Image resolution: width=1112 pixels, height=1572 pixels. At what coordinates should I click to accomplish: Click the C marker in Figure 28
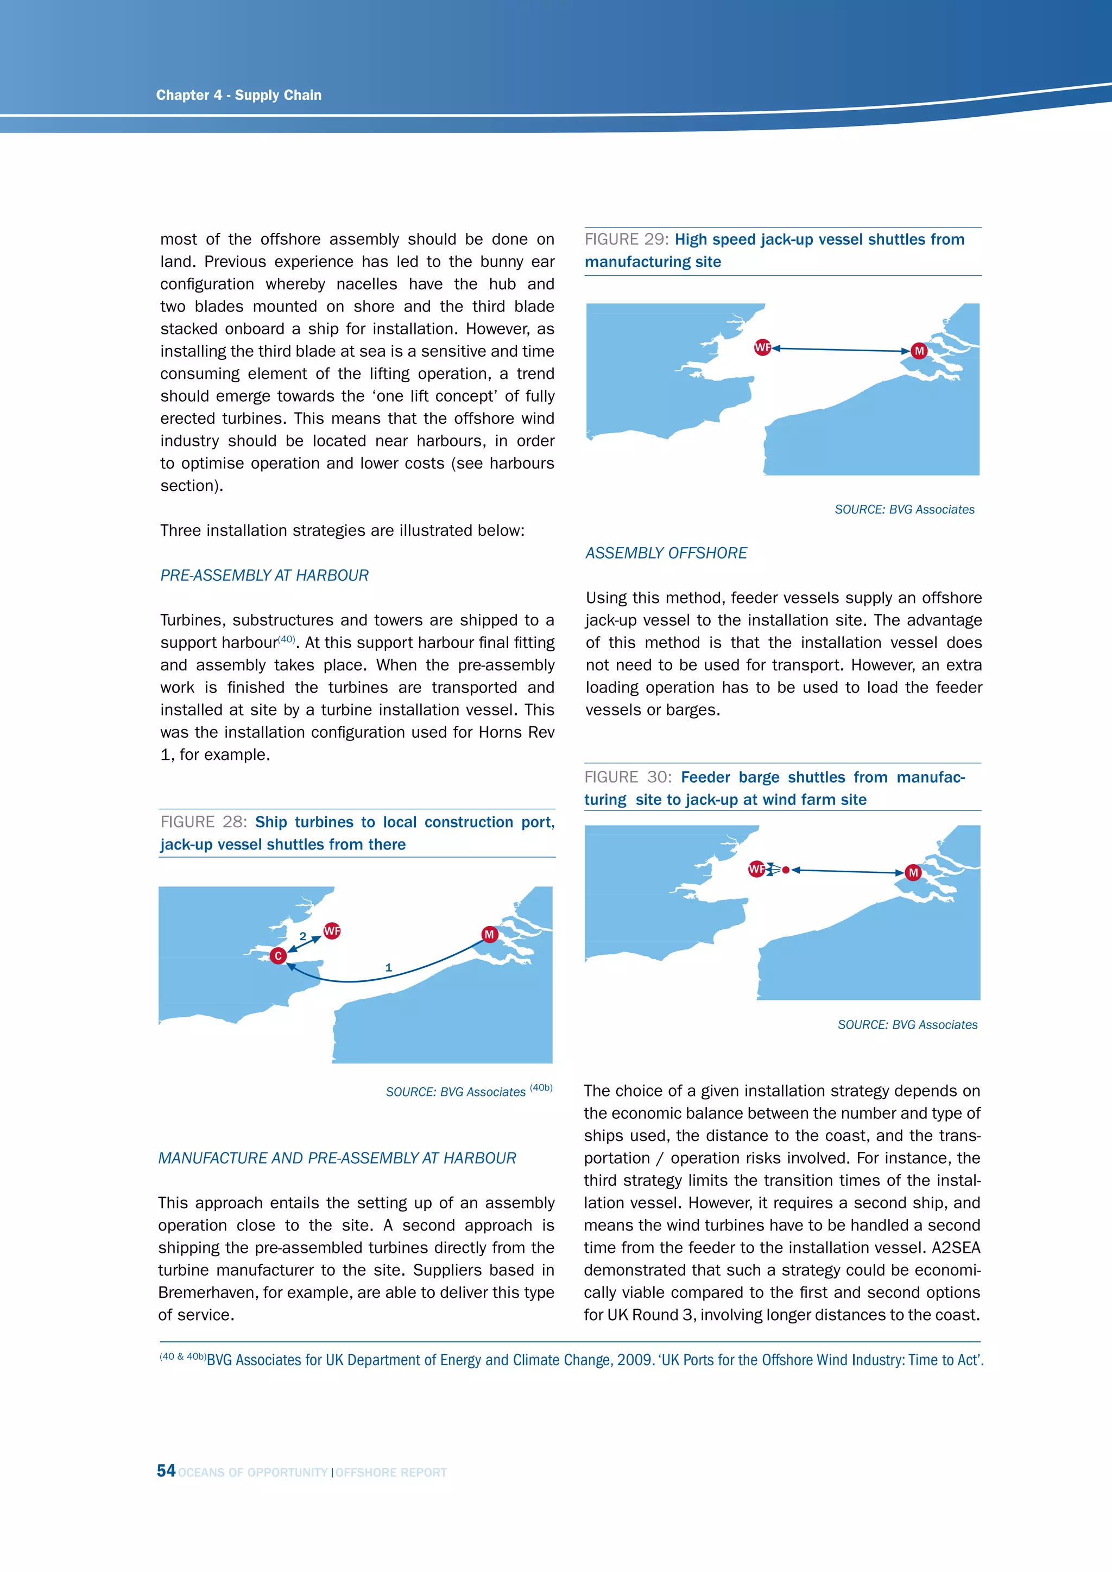coord(278,956)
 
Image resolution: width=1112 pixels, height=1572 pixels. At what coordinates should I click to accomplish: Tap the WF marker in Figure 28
coord(332,931)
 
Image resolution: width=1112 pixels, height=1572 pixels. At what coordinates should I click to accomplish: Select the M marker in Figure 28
coord(489,935)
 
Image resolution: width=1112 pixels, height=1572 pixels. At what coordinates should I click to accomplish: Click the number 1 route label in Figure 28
coord(388,967)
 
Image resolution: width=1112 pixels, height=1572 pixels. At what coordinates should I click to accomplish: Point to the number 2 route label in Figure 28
coord(302,936)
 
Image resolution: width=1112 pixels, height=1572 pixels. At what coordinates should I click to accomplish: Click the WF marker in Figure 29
coord(762,348)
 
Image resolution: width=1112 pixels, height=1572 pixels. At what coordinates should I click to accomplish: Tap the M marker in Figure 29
coord(919,351)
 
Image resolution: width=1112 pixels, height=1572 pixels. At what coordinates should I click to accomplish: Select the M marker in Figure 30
coord(913,873)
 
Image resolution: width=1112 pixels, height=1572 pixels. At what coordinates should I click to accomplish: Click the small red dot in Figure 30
coord(786,870)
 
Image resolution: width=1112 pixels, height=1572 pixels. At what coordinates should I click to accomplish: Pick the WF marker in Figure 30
coord(756,869)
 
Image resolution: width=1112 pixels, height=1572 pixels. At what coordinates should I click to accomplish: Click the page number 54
coord(166,1470)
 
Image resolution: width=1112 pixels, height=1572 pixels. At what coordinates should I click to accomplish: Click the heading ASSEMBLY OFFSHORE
coord(666,553)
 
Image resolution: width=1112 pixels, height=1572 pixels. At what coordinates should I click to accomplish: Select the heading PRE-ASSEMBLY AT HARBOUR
coord(264,576)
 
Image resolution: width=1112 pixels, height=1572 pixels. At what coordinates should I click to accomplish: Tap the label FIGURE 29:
coord(626,239)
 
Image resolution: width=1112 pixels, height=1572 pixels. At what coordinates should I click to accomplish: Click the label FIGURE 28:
coord(204,822)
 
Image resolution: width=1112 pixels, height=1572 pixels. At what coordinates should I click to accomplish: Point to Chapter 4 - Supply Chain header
coord(238,95)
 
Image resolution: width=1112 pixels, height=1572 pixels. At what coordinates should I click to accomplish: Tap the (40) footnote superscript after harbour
coord(287,639)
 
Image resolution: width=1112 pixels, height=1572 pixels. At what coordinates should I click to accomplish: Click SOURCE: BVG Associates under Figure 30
coord(907,1025)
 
